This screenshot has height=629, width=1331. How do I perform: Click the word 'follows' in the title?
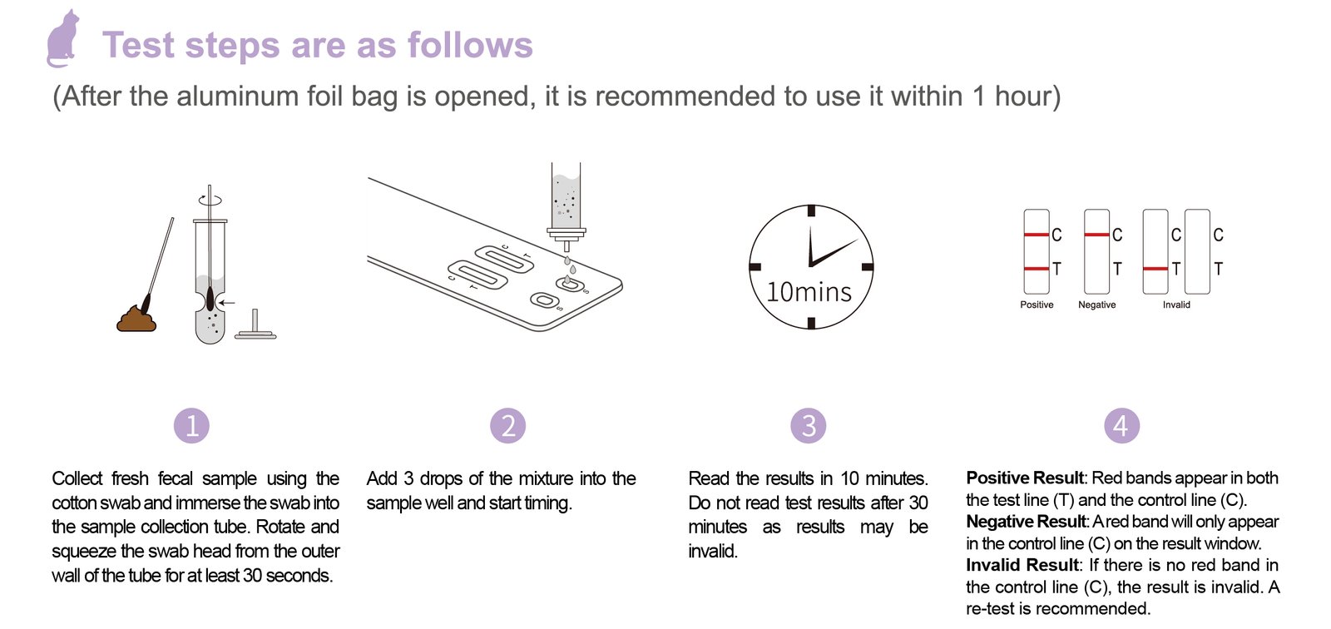pyautogui.click(x=470, y=45)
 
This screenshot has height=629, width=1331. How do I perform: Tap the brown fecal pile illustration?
pyautogui.click(x=136, y=319)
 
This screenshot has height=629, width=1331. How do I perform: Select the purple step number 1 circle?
pyautogui.click(x=191, y=426)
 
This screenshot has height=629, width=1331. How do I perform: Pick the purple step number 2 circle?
pyautogui.click(x=508, y=426)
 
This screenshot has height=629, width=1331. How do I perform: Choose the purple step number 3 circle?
pyautogui.click(x=808, y=426)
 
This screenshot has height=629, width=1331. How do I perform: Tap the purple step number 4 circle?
pyautogui.click(x=1121, y=426)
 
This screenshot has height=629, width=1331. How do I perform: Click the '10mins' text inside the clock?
pyautogui.click(x=809, y=292)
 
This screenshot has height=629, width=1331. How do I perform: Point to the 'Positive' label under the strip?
pyautogui.click(x=1037, y=305)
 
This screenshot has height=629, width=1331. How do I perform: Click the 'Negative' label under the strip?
pyautogui.click(x=1097, y=305)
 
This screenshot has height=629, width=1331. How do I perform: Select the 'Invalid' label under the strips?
pyautogui.click(x=1176, y=305)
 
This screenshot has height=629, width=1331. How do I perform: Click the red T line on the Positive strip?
pyautogui.click(x=1037, y=269)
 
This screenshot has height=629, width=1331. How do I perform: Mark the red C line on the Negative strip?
pyautogui.click(x=1097, y=235)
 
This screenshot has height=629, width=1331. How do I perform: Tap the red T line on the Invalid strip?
pyautogui.click(x=1155, y=269)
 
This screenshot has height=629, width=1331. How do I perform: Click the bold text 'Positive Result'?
pyautogui.click(x=1025, y=478)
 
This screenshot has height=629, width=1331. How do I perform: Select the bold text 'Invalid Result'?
pyautogui.click(x=1022, y=565)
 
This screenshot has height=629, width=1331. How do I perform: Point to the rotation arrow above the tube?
pyautogui.click(x=210, y=201)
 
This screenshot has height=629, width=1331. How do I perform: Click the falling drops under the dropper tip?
pyautogui.click(x=569, y=269)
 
